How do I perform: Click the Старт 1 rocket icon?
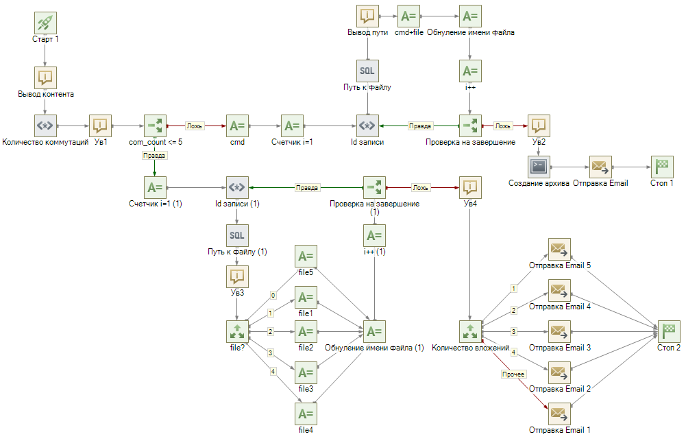tap(45, 23)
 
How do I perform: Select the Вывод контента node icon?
tap(45, 78)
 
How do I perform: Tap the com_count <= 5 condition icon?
tap(155, 126)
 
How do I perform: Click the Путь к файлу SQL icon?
tap(367, 71)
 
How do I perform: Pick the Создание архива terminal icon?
tap(539, 167)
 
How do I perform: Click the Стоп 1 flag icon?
tap(662, 167)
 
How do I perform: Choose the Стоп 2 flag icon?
tap(669, 331)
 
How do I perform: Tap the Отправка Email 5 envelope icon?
tap(559, 249)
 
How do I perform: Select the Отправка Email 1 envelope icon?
tap(559, 414)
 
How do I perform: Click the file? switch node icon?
tap(237, 331)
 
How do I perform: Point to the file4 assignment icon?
tap(306, 414)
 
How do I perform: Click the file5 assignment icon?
tap(306, 256)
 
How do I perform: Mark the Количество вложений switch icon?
tap(470, 331)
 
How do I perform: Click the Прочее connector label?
tap(513, 374)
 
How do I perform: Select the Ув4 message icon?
tap(470, 187)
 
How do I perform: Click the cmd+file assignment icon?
tap(408, 16)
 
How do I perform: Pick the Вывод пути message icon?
tap(367, 16)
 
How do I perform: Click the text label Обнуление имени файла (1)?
tap(374, 348)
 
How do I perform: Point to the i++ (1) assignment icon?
tap(374, 235)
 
